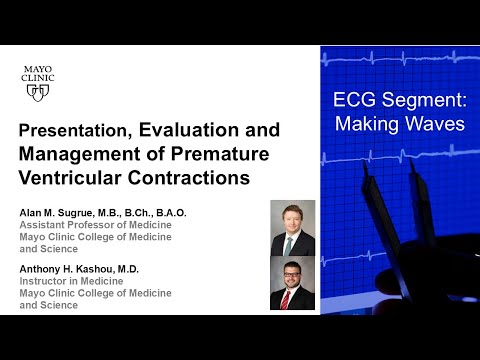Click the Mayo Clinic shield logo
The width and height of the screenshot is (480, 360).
39,92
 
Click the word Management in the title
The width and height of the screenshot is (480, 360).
73,155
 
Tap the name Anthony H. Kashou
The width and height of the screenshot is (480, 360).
71,268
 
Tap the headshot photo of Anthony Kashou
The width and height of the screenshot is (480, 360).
292,284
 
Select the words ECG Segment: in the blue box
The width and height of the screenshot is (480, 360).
399,101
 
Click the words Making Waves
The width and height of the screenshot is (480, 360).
399,124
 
